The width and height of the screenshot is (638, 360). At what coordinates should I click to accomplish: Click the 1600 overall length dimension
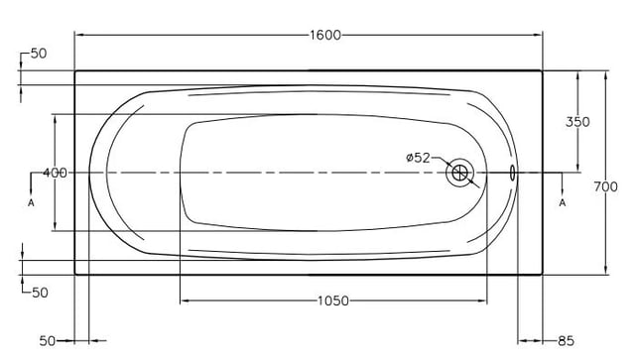pyautogui.click(x=325, y=36)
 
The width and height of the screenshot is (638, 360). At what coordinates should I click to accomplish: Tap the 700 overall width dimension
pyautogui.click(x=606, y=186)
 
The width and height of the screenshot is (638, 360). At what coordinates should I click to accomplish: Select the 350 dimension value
pyautogui.click(x=577, y=122)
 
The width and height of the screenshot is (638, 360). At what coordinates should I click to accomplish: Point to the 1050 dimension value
pyautogui.click(x=333, y=301)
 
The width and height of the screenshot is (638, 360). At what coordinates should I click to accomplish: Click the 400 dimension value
pyautogui.click(x=55, y=173)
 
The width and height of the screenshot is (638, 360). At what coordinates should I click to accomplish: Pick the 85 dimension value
pyautogui.click(x=566, y=341)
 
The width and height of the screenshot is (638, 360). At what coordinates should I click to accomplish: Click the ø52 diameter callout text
pyautogui.click(x=419, y=158)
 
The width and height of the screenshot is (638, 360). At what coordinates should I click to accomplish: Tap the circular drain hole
pyautogui.click(x=459, y=173)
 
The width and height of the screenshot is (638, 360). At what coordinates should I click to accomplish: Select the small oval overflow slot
pyautogui.click(x=512, y=173)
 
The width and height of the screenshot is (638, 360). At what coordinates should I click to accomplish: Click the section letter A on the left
pyautogui.click(x=31, y=202)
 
